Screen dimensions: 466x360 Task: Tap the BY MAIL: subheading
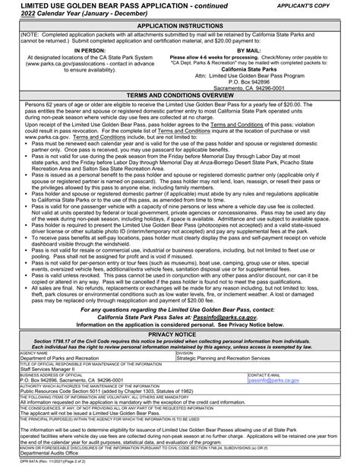click(270, 49)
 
